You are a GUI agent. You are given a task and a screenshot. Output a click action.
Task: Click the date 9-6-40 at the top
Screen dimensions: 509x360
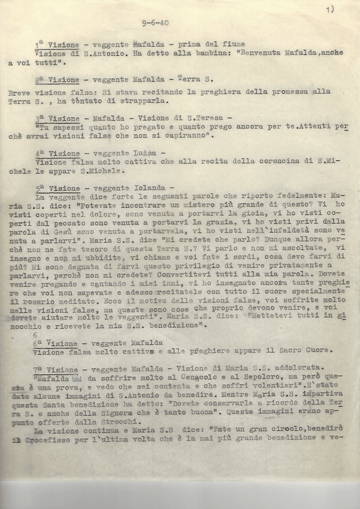pos(155,23)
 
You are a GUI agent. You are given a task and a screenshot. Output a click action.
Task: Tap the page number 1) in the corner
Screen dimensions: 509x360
pos(331,9)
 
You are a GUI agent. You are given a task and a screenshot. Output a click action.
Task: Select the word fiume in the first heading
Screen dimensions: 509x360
pos(233,44)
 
